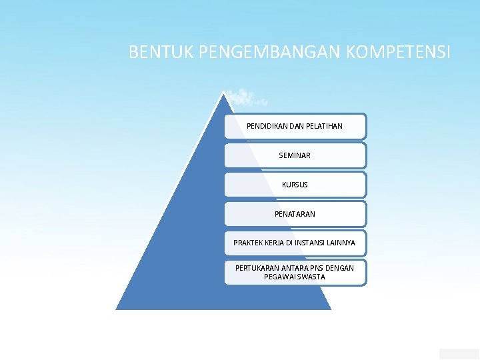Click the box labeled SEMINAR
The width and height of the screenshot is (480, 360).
point(295,155)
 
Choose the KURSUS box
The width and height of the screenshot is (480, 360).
point(295,185)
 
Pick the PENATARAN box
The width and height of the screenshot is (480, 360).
point(295,214)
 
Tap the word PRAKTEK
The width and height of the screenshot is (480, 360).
point(249,243)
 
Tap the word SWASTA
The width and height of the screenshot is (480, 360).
point(312,277)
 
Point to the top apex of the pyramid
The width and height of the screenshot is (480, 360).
point(225,92)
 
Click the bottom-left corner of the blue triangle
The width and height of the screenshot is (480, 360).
point(117,309)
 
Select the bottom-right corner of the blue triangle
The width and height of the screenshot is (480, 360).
point(331,309)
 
